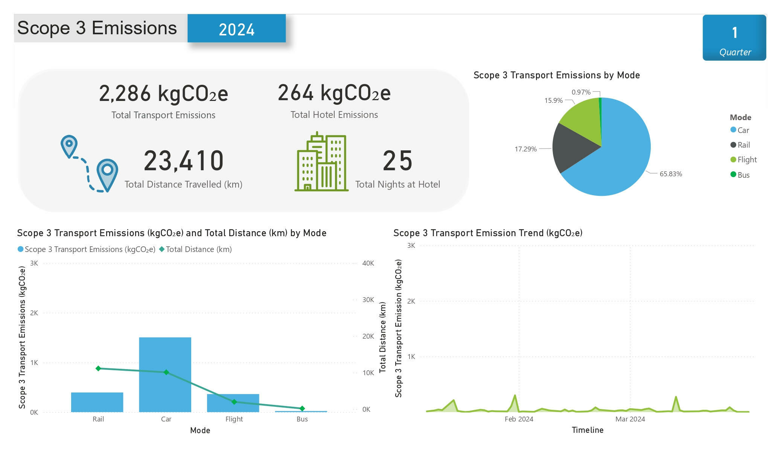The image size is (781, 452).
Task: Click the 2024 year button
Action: point(236,29)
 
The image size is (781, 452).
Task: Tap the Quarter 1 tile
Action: point(734,38)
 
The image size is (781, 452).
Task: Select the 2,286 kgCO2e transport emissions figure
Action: point(163,93)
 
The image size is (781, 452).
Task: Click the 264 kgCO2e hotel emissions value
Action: point(334,93)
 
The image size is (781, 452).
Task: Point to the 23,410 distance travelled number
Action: point(184,161)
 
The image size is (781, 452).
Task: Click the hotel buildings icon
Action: point(321,162)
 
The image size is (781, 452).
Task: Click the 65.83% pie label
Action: point(671,174)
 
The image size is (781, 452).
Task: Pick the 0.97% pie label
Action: point(581,92)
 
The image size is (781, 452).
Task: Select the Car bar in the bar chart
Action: point(165,374)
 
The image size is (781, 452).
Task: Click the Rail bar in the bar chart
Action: point(97,402)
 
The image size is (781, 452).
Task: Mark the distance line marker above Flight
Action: point(234,402)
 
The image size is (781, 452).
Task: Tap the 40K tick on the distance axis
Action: point(368,263)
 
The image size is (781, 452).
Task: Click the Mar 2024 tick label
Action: point(630,419)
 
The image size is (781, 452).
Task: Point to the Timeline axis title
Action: point(587,430)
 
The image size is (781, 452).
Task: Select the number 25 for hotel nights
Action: point(397,161)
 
